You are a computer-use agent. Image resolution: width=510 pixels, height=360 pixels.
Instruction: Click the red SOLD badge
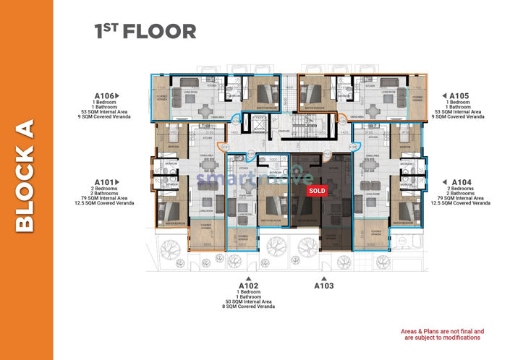[x=317, y=191]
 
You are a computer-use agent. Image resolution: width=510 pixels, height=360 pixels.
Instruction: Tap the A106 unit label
[x=103, y=95]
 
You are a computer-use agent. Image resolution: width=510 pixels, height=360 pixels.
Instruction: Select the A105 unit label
[x=458, y=95]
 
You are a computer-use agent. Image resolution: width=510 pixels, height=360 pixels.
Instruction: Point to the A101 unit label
[x=103, y=182]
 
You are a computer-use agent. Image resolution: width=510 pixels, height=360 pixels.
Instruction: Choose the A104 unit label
[x=460, y=182]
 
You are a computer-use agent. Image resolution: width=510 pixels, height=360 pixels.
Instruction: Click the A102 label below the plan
[x=247, y=286]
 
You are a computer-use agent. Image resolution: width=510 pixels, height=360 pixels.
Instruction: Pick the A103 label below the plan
[x=324, y=286]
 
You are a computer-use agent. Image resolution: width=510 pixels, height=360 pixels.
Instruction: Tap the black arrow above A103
[x=324, y=277]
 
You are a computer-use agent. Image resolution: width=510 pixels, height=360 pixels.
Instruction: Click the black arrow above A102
[x=247, y=277]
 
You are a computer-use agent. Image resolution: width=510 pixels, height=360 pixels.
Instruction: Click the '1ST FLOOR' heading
[x=145, y=31]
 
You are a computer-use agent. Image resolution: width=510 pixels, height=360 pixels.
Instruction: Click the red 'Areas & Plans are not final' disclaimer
[x=442, y=334]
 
